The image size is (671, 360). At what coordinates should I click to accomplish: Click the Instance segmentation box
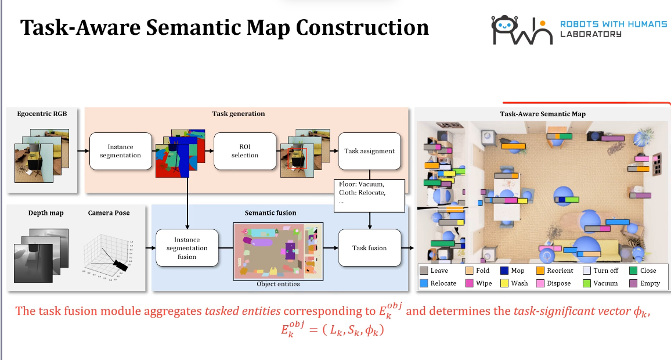pyautogui.click(x=120, y=151)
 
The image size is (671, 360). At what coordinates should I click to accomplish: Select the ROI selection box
pyautogui.click(x=244, y=151)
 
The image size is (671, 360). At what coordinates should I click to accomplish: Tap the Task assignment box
pyautogui.click(x=369, y=151)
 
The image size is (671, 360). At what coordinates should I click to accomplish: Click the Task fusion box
pyautogui.click(x=369, y=248)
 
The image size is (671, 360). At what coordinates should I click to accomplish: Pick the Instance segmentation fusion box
pyautogui.click(x=187, y=248)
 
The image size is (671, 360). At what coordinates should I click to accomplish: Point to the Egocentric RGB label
pyautogui.click(x=42, y=114)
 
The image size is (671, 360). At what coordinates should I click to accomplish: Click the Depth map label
pyautogui.click(x=46, y=213)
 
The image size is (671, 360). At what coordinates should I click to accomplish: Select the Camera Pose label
pyautogui.click(x=109, y=213)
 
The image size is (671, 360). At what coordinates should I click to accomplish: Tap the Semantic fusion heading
pyautogui.click(x=270, y=213)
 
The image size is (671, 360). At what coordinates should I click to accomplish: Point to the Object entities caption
pyautogui.click(x=278, y=284)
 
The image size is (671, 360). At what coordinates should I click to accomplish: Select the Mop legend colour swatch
pyautogui.click(x=504, y=271)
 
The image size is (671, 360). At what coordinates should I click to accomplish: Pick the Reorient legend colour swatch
pyautogui.click(x=540, y=271)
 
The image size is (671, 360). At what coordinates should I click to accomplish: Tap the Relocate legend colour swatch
pyautogui.click(x=424, y=283)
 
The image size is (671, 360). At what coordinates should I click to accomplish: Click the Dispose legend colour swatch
pyautogui.click(x=540, y=283)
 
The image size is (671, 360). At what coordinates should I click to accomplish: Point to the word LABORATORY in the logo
pyautogui.click(x=590, y=34)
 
